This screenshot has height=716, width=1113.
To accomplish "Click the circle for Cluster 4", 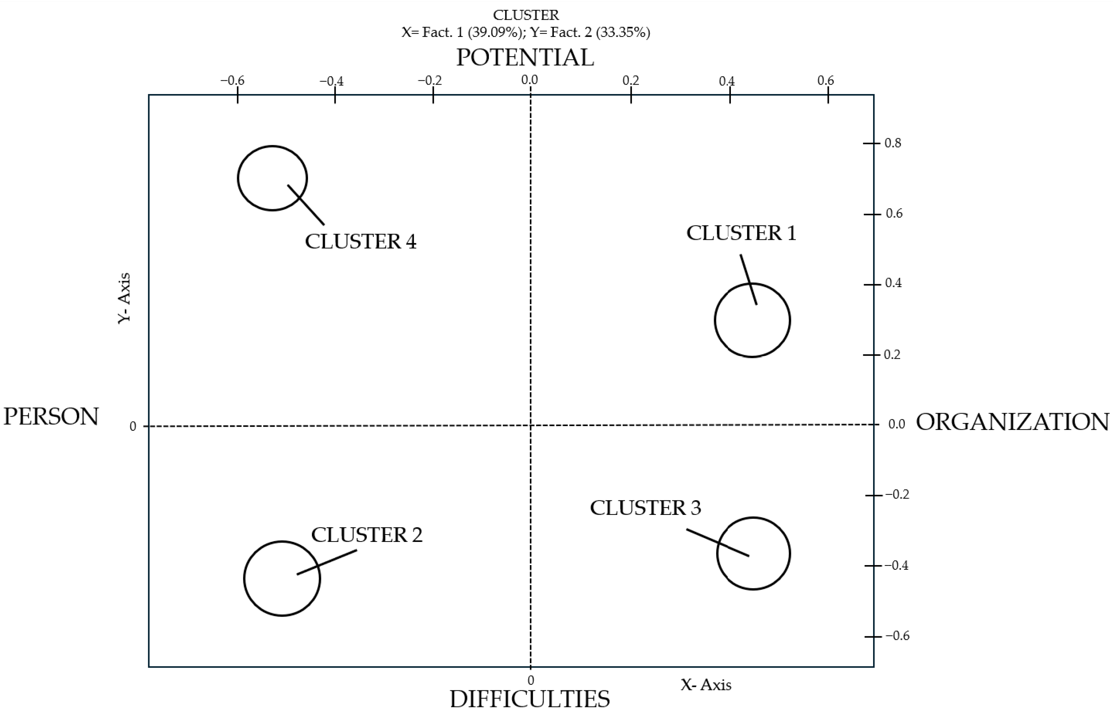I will point(272,178).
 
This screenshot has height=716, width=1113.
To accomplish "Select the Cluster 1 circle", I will point(752,320).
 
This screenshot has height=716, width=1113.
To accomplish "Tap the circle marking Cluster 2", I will point(282,578).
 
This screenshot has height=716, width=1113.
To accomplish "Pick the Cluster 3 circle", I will point(753,553).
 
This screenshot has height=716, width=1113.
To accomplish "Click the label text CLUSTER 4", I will point(360,242).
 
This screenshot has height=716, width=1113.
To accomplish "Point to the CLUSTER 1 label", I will point(741,233).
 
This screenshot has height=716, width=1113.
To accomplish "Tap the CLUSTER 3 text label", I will point(645,508).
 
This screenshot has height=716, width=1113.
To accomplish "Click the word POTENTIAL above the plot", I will point(525,58).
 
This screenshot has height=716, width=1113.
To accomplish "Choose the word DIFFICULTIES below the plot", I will point(529,699).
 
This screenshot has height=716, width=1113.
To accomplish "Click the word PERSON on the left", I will point(51,417).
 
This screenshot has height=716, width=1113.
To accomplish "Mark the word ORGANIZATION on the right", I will point(1012,422).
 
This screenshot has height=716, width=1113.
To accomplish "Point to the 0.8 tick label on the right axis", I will point(892,143).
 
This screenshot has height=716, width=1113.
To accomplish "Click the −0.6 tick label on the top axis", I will point(232,80).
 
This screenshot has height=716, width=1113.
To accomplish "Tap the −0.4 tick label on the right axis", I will point(896,565).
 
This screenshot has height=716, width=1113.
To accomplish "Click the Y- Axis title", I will point(124,298).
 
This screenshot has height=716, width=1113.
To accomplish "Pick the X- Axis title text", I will point(706,685).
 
